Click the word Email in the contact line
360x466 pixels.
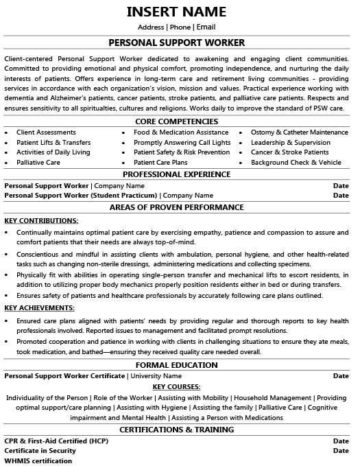206,27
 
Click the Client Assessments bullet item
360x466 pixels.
45,132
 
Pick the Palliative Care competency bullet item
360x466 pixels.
38,163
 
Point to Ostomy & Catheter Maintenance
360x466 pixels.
299,132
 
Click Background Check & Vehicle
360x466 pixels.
296,163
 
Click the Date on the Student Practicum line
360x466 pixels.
341,196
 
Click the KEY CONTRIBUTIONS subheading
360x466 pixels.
41,220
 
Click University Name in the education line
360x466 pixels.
156,376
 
